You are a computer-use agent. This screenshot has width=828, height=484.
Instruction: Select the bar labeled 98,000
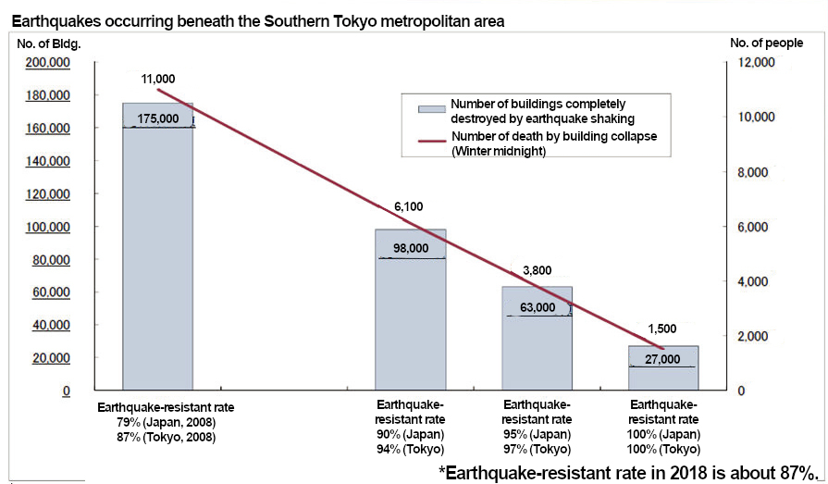pyautogui.click(x=410, y=315)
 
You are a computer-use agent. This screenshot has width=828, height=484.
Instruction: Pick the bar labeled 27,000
pyautogui.click(x=663, y=369)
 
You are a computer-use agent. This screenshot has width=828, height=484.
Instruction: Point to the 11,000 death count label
pyautogui.click(x=158, y=79)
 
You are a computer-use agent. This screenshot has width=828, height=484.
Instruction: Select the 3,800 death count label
pyautogui.click(x=538, y=270)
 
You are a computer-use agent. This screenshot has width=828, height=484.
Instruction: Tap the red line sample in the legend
pyautogui.click(x=431, y=143)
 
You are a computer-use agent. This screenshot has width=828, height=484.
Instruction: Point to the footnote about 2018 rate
pyautogui.click(x=630, y=471)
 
